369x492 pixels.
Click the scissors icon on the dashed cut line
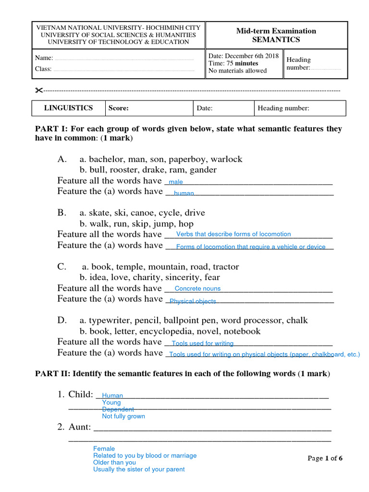point(39,91)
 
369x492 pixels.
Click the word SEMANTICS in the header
point(276,40)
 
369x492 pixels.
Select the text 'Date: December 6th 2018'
point(243,56)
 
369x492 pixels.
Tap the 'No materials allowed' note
point(237,71)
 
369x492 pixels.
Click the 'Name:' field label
point(44,58)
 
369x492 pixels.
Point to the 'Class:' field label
point(43,69)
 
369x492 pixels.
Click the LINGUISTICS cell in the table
point(68,108)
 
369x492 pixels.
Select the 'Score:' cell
point(119,109)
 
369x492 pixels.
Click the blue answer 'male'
point(176,182)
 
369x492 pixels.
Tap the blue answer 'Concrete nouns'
point(197,289)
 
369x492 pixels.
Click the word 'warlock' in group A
point(226,159)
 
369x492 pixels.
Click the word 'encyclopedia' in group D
point(162,331)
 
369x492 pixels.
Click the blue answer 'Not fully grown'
point(123,416)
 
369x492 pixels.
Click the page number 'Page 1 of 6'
point(325,458)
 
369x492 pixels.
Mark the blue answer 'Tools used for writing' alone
point(202,344)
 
